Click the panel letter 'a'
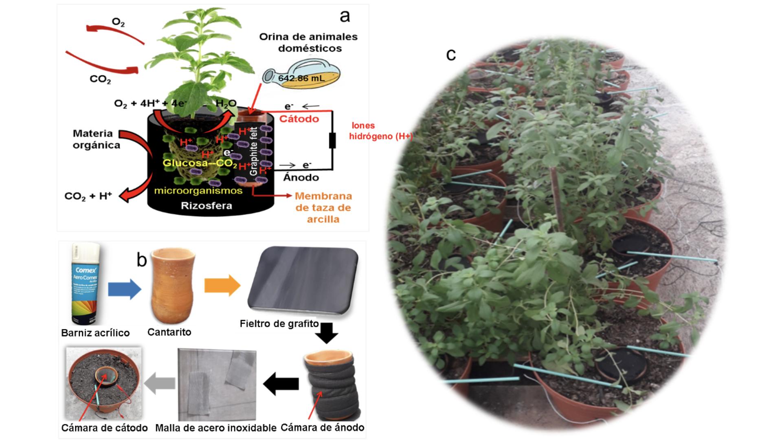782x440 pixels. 345,16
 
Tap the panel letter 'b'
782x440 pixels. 141,260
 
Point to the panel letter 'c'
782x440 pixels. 451,55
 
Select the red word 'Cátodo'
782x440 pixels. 299,119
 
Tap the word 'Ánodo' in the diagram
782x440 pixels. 301,178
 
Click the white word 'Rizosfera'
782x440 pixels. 206,206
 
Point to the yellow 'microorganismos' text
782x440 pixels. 198,191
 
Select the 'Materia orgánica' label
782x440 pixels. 96,139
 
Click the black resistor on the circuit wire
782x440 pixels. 332,141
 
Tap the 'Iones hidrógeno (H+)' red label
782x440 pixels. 381,131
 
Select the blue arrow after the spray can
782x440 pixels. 124,289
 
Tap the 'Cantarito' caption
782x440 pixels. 169,332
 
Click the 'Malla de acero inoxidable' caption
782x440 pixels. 216,428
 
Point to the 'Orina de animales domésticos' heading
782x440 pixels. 308,42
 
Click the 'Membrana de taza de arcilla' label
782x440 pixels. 323,207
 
